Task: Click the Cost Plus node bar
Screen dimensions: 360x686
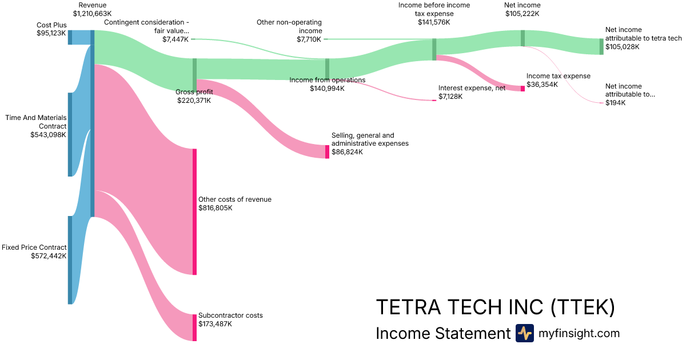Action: point(70,37)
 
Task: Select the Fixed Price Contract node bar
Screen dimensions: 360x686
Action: point(70,260)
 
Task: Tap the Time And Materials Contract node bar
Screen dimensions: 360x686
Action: point(70,134)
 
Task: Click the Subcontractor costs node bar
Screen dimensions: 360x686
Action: point(194,327)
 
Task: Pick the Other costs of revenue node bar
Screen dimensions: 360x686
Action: point(194,211)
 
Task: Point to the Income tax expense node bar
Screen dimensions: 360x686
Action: point(523,89)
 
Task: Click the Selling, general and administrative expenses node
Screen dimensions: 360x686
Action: point(328,151)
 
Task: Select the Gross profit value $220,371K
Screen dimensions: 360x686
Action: point(194,100)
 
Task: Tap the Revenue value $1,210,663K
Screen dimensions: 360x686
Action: point(92,13)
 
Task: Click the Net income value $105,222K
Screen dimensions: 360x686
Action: point(523,13)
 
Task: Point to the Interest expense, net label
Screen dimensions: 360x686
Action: point(472,88)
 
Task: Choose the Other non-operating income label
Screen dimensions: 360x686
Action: point(290,26)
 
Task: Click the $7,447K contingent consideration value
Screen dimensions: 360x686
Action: point(176,39)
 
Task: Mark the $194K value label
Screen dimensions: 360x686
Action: point(616,103)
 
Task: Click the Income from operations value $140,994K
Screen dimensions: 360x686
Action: point(327,89)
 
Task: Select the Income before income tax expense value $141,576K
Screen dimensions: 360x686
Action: point(434,22)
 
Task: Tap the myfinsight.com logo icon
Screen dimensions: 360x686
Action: point(524,333)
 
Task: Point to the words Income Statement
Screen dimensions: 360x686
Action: point(442,333)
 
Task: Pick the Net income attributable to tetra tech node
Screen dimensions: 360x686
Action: point(601,46)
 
